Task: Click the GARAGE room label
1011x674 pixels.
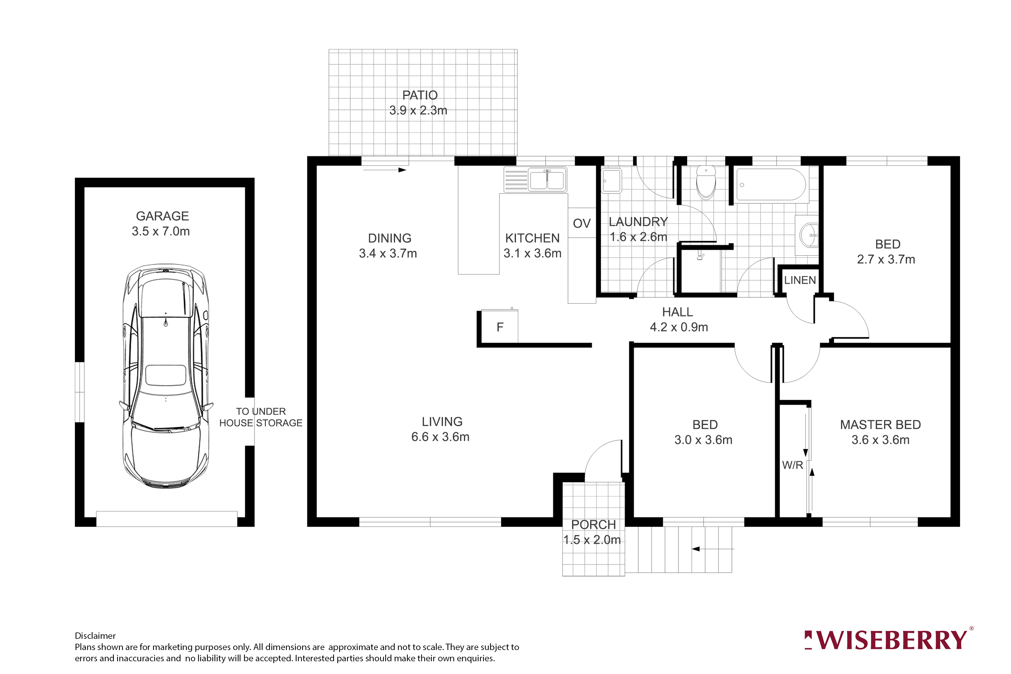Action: pyautogui.click(x=163, y=216)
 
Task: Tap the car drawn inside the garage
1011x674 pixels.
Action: pyautogui.click(x=166, y=376)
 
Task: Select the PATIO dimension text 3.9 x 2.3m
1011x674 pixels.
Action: pyautogui.click(x=418, y=111)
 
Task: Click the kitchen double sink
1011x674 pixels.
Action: pyautogui.click(x=546, y=180)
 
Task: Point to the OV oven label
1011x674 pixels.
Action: pyautogui.click(x=582, y=224)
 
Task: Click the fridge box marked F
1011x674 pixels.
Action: pyautogui.click(x=500, y=328)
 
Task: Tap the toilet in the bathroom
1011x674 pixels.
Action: pyautogui.click(x=706, y=183)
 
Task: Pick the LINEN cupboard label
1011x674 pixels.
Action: pyautogui.click(x=799, y=280)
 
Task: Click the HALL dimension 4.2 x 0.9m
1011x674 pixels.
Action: pyautogui.click(x=679, y=328)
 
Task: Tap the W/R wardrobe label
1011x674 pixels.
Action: pyautogui.click(x=792, y=465)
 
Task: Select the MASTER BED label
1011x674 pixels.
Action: pyautogui.click(x=880, y=425)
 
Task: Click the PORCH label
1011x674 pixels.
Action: pyautogui.click(x=593, y=525)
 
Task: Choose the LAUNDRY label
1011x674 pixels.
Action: pyautogui.click(x=638, y=222)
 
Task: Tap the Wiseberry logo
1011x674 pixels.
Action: pyautogui.click(x=888, y=640)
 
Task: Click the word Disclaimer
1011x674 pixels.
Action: pyautogui.click(x=95, y=636)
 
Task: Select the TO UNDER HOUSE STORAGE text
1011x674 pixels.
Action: pyautogui.click(x=261, y=418)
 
